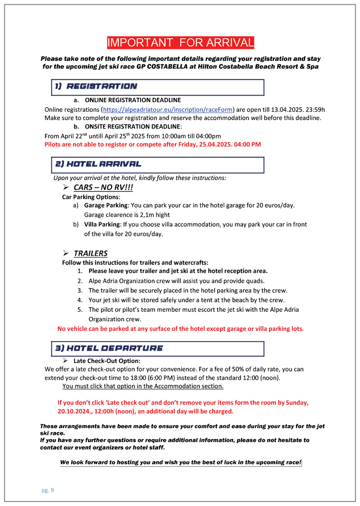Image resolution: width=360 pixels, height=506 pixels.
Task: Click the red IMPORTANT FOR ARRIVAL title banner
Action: [x=180, y=42]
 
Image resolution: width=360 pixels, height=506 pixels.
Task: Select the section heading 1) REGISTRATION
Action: [x=96, y=86]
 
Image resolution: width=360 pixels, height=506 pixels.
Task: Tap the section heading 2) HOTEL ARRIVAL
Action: [x=99, y=164]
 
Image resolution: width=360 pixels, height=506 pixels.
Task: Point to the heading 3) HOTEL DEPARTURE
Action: [x=109, y=348]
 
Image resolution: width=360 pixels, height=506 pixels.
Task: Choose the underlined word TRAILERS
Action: [x=90, y=253]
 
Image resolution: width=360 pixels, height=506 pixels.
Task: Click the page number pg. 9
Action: [x=48, y=490]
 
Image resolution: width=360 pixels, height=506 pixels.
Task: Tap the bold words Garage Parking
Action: [x=102, y=206]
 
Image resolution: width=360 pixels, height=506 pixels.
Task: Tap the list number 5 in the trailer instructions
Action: [x=80, y=309]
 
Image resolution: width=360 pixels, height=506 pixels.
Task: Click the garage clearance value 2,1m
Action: [x=150, y=215]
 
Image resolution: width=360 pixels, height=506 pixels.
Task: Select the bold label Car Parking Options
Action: [x=90, y=197]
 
